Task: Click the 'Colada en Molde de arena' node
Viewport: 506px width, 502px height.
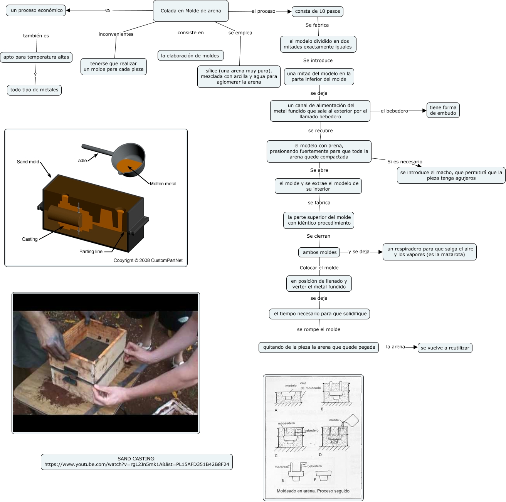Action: pos(191,11)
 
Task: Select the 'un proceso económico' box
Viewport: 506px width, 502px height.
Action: pos(36,10)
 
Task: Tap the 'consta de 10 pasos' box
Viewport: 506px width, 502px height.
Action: pos(317,11)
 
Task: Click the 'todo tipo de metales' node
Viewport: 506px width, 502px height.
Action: pos(34,90)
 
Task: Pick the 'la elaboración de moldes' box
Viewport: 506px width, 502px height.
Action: pos(190,55)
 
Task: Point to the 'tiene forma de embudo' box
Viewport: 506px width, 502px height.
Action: pos(443,110)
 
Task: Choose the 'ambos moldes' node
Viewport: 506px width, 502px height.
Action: pos(319,252)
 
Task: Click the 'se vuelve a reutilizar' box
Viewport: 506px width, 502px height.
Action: pos(445,348)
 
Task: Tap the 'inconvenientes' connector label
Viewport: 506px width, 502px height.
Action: pos(116,34)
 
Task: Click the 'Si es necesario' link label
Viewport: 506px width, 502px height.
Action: pos(405,162)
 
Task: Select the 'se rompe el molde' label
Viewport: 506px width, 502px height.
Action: pos(318,329)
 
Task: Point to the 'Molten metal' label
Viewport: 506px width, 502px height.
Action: pos(163,184)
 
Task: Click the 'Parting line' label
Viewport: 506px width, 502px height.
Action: pos(91,252)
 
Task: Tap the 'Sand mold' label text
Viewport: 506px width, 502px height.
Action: pos(28,162)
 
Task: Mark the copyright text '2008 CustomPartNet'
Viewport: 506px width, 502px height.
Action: pos(148,260)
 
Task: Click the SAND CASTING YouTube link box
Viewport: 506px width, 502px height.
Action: pos(137,462)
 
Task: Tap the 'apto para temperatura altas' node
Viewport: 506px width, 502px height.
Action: pos(36,57)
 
